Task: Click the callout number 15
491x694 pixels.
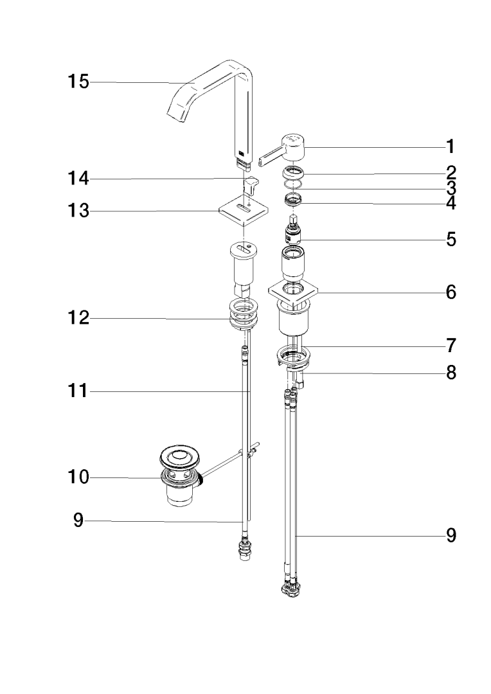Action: click(x=79, y=82)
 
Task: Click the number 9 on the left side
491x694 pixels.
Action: click(x=78, y=520)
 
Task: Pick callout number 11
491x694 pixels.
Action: click(x=79, y=391)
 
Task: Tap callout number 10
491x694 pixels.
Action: click(x=79, y=477)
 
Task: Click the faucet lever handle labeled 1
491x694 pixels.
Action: click(x=289, y=148)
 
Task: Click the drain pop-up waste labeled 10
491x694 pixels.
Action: click(x=180, y=476)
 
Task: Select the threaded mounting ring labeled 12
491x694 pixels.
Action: click(x=244, y=315)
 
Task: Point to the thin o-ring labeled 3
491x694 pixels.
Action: click(x=293, y=186)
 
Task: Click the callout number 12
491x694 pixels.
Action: click(x=79, y=317)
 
